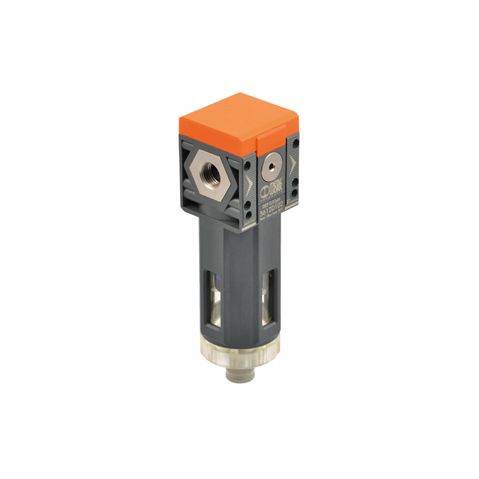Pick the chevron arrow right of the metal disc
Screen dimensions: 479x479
point(292,165)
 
